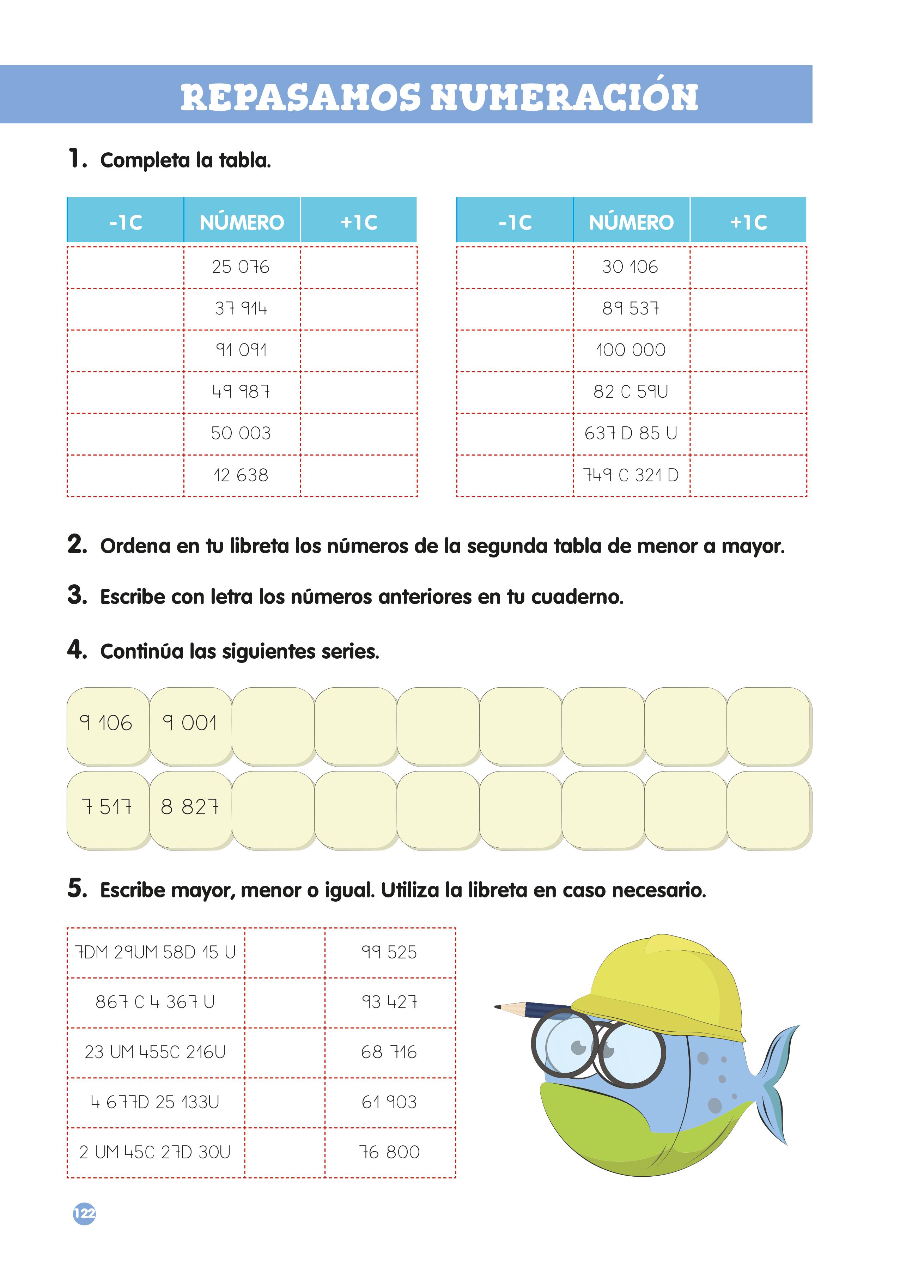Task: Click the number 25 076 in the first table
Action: (x=241, y=267)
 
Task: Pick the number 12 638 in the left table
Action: (x=241, y=475)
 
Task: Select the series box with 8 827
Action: (x=190, y=807)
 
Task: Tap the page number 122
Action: (x=84, y=1214)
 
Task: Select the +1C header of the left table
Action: (x=359, y=222)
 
